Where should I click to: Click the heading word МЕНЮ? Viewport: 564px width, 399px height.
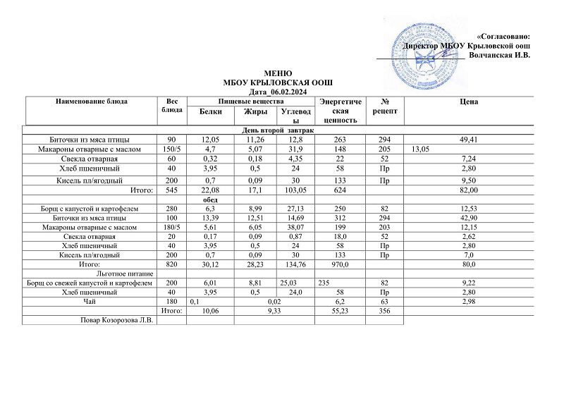278,74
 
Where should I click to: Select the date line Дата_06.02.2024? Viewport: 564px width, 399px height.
278,92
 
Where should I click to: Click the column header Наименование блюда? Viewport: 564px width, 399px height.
91,102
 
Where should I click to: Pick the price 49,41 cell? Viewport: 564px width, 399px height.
469,140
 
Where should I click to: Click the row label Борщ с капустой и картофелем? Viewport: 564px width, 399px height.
89,209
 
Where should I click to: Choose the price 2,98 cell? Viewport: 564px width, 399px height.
469,300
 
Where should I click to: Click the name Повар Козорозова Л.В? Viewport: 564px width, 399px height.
116,320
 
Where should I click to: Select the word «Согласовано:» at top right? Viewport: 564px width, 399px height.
503,36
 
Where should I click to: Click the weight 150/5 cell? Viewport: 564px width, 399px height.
171,149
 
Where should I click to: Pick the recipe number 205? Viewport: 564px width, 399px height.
384,149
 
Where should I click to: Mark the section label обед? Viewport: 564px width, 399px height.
209,199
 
